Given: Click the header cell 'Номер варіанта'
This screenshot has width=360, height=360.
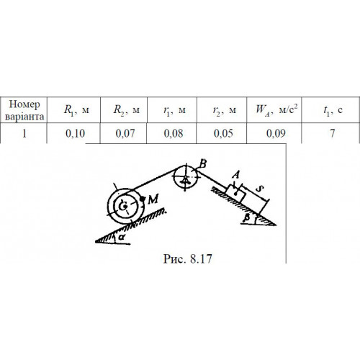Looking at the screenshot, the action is pos(24,110).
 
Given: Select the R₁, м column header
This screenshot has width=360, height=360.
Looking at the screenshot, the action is pos(73,110).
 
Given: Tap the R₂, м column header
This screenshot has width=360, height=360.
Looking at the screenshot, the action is pos(124,110).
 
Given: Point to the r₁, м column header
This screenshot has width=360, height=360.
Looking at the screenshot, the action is pos(172,110).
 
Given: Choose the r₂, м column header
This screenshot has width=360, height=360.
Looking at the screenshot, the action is pos(222,110).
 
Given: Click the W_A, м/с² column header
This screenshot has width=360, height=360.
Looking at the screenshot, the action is pos(274,110).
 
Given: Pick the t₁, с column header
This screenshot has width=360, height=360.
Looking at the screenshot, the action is pos(330,110).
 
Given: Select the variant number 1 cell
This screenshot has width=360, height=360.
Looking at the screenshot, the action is pos(24,133).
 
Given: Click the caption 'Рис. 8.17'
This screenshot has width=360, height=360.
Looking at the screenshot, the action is pos(188,259).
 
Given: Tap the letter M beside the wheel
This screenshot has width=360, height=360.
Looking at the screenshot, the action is pos(153,199).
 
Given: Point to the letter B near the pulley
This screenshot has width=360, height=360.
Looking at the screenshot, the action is pos(203,164).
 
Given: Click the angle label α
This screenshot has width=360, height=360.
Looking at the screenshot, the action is pos(122,237).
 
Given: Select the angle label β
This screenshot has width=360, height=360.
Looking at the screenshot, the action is pos(246,218).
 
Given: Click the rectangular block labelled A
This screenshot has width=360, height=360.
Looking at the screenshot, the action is pos(235,194).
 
